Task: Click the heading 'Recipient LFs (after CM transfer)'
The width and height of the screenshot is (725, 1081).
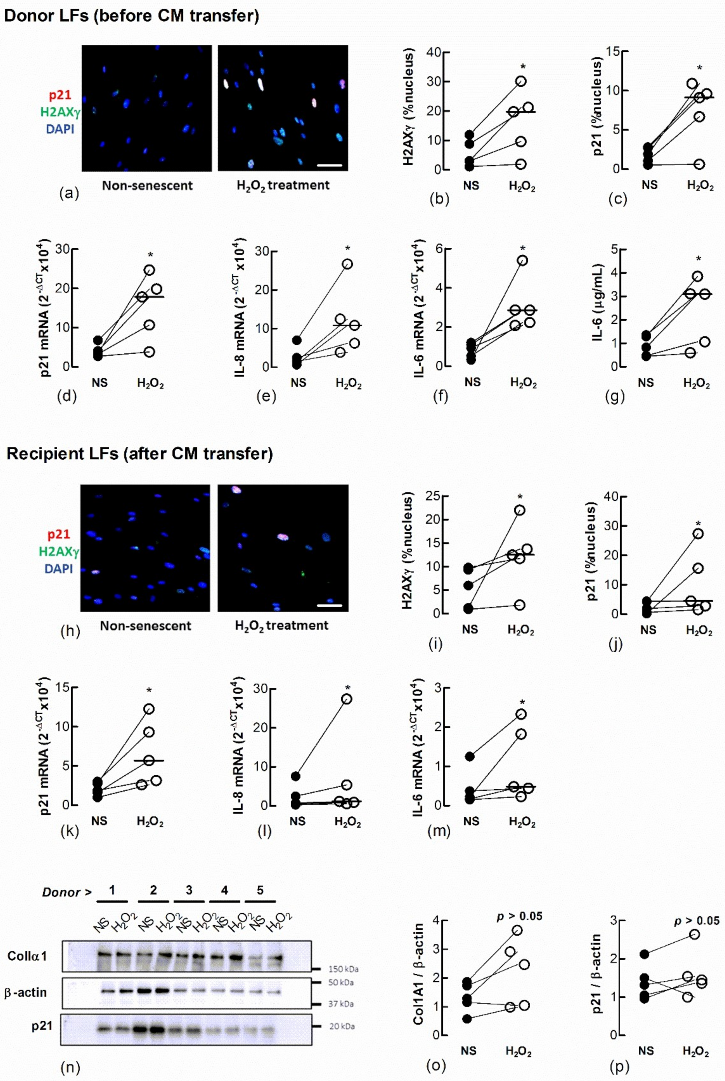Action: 140,454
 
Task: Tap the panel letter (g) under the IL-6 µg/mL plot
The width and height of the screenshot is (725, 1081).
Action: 615,396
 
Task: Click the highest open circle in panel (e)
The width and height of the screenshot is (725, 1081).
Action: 347,264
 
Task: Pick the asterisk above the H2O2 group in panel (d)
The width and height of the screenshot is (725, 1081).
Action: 150,255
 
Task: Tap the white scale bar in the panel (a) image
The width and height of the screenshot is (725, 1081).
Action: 330,165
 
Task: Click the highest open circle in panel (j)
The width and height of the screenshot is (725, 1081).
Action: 698,534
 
